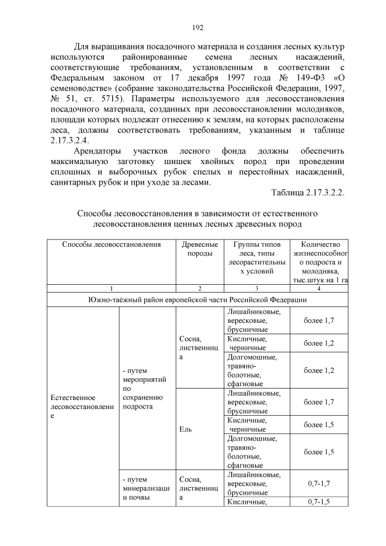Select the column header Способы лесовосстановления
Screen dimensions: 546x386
[x=111, y=244]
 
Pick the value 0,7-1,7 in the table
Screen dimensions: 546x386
[x=319, y=484]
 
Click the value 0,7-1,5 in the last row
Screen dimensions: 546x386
[x=319, y=501]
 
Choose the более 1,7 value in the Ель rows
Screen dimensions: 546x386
[x=319, y=402]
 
